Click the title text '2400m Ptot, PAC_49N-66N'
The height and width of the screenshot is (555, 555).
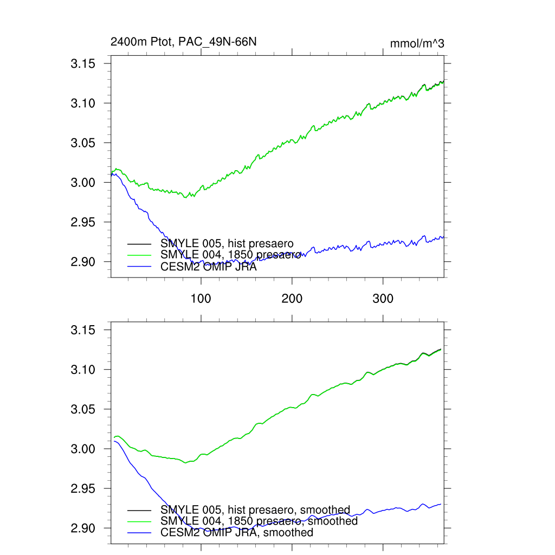coord(180,42)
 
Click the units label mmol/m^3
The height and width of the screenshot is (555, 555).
coord(417,43)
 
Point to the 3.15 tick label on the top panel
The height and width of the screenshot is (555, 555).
coord(83,64)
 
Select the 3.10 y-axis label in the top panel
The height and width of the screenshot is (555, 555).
coord(83,104)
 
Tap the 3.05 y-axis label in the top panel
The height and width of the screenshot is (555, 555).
coord(83,143)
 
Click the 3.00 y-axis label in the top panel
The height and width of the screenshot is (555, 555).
coord(83,183)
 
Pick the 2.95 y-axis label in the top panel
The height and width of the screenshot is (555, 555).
coord(83,222)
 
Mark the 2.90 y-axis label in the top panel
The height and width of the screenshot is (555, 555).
coord(83,262)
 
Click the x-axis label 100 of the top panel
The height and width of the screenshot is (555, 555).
coord(201,299)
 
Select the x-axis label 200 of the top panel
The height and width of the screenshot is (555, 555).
coord(292,299)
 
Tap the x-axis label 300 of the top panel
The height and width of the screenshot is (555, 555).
coord(383,299)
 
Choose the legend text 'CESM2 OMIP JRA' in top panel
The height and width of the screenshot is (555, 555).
coord(209,266)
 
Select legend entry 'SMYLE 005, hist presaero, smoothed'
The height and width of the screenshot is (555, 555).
coord(255,510)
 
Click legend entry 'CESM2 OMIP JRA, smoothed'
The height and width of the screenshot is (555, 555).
coord(237,532)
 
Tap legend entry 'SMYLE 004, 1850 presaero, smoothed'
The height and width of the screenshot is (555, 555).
coord(259,521)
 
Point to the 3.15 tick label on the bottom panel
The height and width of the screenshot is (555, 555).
coord(83,330)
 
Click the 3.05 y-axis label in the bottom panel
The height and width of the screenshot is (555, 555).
coord(83,409)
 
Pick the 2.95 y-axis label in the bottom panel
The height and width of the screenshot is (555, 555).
coord(83,488)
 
